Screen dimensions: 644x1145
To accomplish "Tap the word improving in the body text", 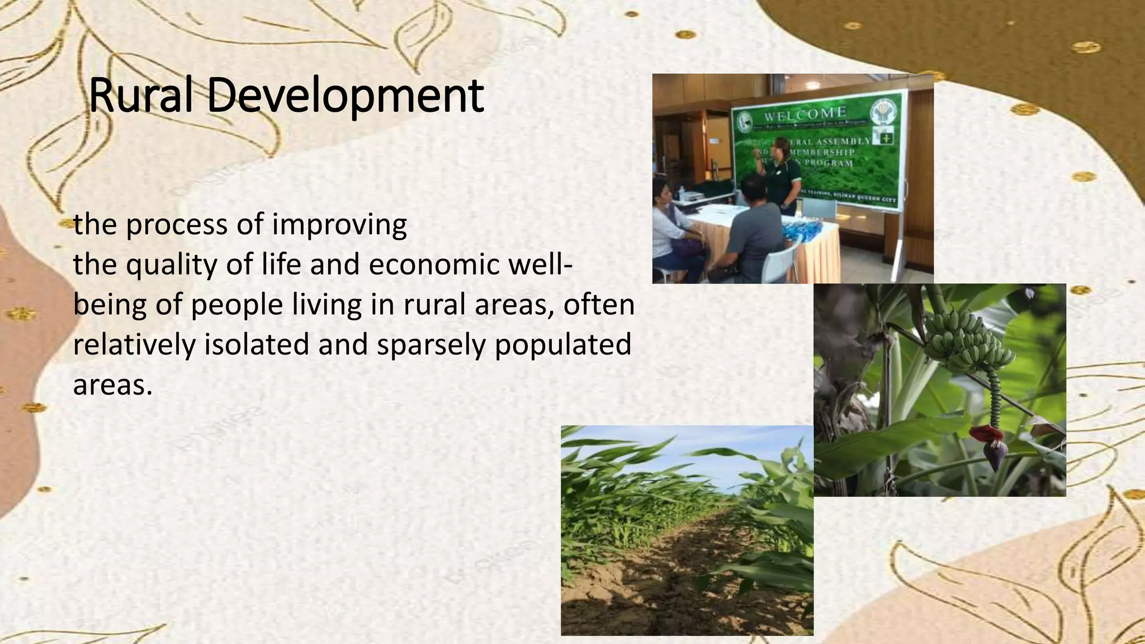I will coord(339,225).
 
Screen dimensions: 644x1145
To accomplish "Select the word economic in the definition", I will coord(434,264).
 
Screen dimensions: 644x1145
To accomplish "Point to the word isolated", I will coord(257,344).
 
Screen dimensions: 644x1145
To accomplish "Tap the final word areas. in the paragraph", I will coord(112,385).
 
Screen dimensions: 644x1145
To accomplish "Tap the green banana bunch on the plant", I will coord(964,347).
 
